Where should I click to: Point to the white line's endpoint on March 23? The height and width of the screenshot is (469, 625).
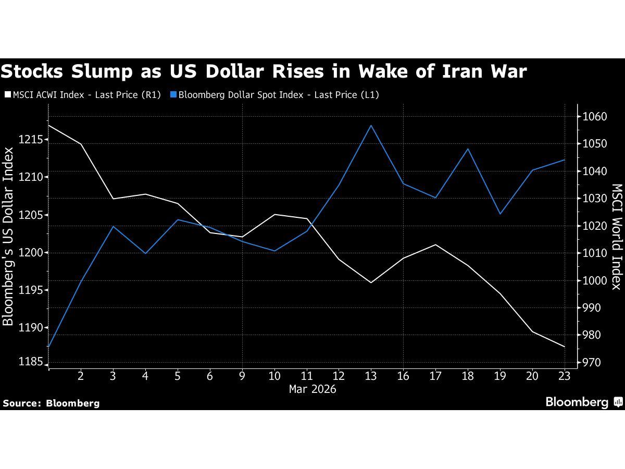565,347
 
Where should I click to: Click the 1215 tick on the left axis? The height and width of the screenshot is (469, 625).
31,140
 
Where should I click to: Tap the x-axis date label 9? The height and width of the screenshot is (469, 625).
242,376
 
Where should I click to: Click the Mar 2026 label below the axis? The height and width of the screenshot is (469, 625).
312,389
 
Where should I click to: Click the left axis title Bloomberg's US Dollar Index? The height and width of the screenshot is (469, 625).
8,236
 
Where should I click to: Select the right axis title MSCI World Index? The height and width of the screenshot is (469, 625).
617,236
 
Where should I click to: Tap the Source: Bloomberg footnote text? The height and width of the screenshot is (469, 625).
51,403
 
